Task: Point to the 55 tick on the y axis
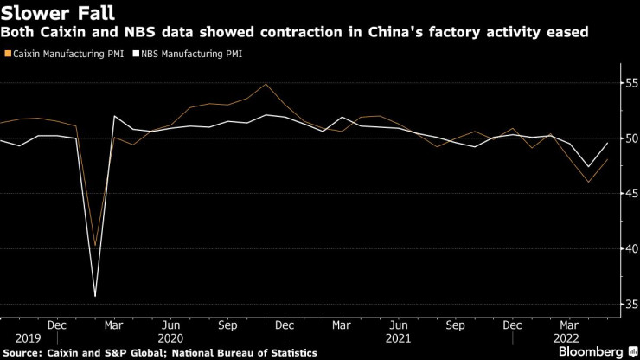(x=630, y=83)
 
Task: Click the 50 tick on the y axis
(x=630, y=138)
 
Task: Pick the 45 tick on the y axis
(x=630, y=193)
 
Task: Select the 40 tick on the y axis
(x=630, y=248)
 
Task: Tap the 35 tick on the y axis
(x=630, y=304)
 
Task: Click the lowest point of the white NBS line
(x=95, y=296)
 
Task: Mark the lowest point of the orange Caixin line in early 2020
(x=95, y=246)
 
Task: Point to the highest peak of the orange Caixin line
(x=266, y=84)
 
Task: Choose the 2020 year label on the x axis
(x=171, y=338)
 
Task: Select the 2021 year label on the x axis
(x=399, y=338)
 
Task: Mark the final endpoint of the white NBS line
(x=608, y=143)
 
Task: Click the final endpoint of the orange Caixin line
(x=608, y=159)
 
